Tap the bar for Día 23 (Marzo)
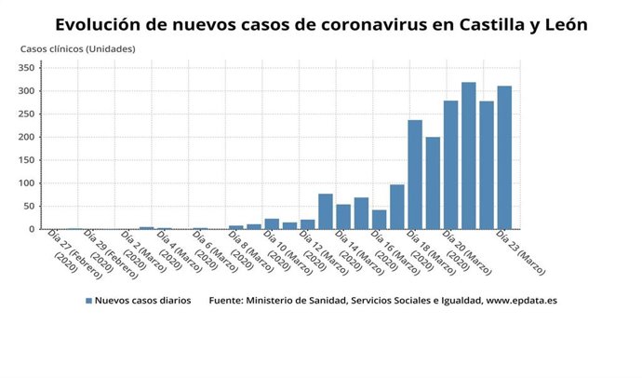pos(504,158)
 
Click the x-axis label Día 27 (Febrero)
pos(68,251)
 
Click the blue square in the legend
pos(89,302)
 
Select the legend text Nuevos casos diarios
pos(143,302)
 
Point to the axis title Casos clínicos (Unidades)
pos(78,48)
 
